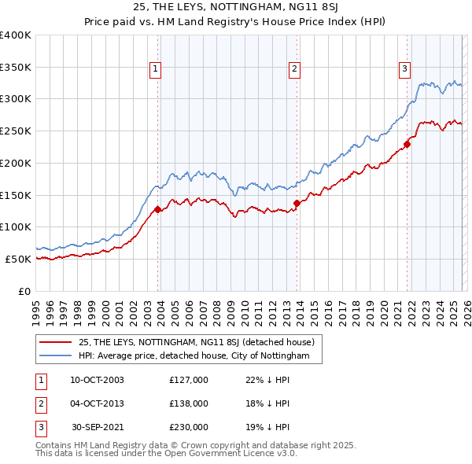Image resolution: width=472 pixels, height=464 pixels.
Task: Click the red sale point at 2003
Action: (157, 209)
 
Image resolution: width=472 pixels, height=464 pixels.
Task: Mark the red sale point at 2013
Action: (297, 203)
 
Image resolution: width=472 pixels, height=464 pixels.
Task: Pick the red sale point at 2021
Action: (407, 144)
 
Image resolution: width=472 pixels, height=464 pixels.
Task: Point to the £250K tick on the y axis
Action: (16, 131)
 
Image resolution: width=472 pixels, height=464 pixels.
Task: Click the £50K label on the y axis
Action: (19, 259)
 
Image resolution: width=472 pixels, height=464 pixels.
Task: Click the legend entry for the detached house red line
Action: (197, 342)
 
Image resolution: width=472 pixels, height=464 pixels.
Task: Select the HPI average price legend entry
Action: (200, 356)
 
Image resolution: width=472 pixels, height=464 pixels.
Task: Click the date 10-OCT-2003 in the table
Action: (97, 380)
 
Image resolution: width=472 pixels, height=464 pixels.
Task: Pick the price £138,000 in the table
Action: (189, 403)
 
